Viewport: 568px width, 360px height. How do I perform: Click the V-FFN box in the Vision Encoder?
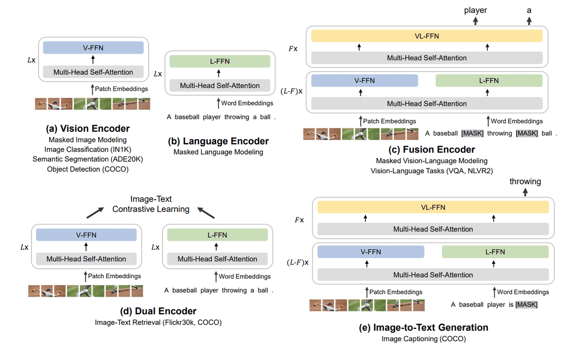point(93,48)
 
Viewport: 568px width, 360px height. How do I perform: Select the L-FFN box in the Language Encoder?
point(219,61)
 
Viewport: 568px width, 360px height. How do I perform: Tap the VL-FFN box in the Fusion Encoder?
point(427,36)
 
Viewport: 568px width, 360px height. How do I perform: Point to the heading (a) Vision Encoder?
point(88,129)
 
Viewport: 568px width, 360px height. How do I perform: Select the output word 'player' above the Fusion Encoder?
point(476,10)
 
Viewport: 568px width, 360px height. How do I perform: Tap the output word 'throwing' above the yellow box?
point(525,181)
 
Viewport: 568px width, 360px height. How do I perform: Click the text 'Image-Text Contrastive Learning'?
point(151,204)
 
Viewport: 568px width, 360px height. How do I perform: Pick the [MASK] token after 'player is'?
point(526,305)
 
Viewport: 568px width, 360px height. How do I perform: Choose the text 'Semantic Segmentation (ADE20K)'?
point(88,159)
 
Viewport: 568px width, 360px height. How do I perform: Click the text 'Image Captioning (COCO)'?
point(424,339)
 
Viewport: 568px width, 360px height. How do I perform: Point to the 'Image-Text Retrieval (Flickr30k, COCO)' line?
point(158,322)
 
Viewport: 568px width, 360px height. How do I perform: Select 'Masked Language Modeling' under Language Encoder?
point(218,152)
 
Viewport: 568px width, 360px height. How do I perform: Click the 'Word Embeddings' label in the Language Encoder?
point(247,103)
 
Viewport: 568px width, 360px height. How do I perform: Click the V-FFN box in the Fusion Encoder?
point(364,81)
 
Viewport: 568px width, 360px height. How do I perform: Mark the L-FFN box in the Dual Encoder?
point(217,235)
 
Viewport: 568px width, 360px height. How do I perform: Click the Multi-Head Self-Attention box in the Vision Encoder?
point(93,72)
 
